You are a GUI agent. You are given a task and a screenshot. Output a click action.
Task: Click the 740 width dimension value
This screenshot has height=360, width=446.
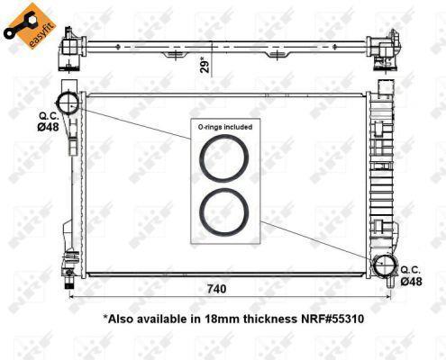[x=216, y=289]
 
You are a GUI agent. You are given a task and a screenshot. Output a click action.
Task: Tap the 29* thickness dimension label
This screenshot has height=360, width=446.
[x=205, y=65]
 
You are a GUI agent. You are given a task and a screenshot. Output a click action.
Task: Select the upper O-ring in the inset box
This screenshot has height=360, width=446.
[x=224, y=158]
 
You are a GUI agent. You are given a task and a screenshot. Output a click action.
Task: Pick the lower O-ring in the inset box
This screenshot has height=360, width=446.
[x=224, y=212]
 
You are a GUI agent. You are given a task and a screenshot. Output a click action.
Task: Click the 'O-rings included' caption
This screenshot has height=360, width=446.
[x=225, y=127]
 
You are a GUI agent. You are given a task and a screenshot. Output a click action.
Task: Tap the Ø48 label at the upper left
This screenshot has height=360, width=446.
[x=48, y=127]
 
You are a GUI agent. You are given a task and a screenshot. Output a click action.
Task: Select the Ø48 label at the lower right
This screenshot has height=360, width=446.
[x=411, y=282]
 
